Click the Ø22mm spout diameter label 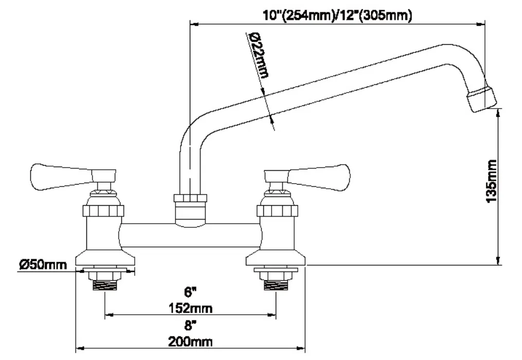[259, 55]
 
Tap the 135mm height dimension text [491, 181]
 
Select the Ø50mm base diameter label [43, 265]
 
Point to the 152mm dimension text [190, 309]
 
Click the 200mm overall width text [190, 341]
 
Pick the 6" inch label [190, 293]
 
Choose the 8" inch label [190, 325]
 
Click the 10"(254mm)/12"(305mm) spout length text [337, 15]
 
